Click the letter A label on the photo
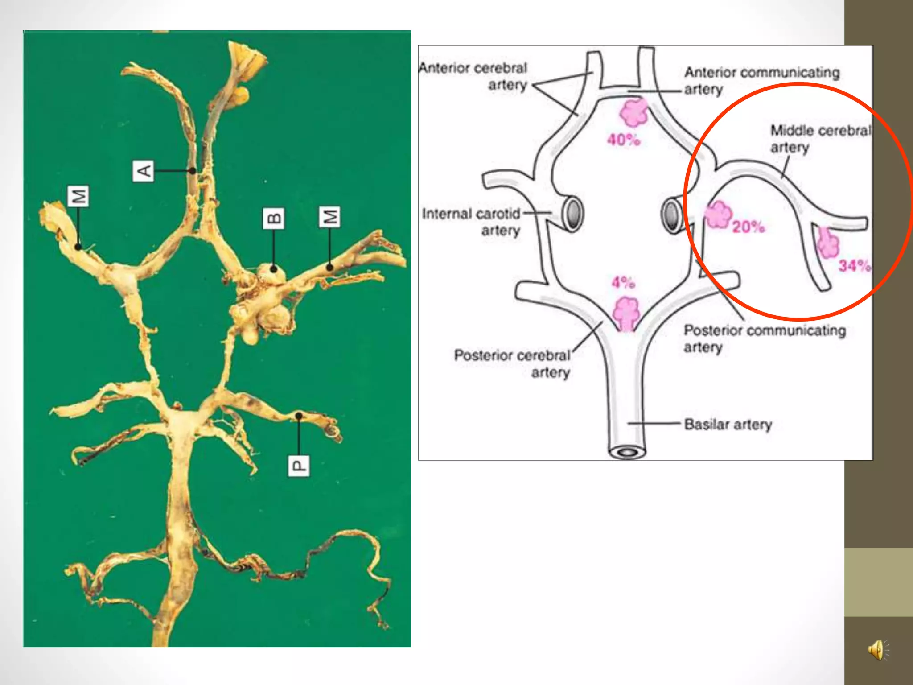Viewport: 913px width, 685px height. (x=143, y=171)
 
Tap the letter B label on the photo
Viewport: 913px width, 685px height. (x=273, y=218)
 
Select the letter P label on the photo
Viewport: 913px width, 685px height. (x=298, y=466)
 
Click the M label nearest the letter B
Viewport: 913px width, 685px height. (x=330, y=217)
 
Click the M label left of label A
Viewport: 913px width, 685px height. (x=78, y=196)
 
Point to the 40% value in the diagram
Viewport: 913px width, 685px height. (x=623, y=140)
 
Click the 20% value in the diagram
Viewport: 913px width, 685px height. (x=748, y=227)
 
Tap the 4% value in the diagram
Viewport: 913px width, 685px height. (x=623, y=282)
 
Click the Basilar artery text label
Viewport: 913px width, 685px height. (x=728, y=424)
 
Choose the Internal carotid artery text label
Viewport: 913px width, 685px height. (x=472, y=222)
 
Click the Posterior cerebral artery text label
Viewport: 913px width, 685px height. (x=513, y=363)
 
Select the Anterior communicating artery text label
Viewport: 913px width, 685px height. (x=761, y=80)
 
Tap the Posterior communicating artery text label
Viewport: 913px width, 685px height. (x=765, y=338)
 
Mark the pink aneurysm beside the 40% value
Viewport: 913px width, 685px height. (x=633, y=112)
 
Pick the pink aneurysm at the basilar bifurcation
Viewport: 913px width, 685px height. (x=626, y=313)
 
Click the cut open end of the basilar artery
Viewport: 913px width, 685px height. (x=628, y=453)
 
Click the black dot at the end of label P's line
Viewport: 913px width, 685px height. (x=299, y=416)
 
